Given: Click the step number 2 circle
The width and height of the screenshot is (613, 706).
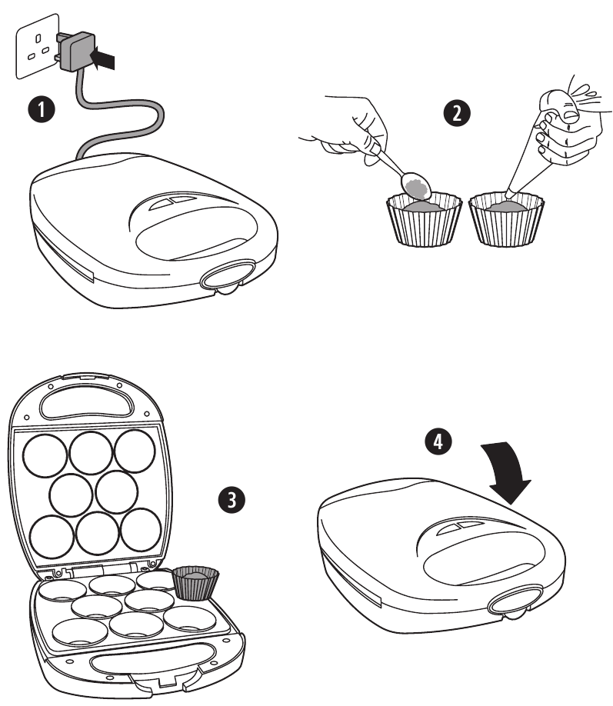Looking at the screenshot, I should [457, 112].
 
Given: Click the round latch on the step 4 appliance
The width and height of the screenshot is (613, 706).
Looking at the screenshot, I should [510, 604].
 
